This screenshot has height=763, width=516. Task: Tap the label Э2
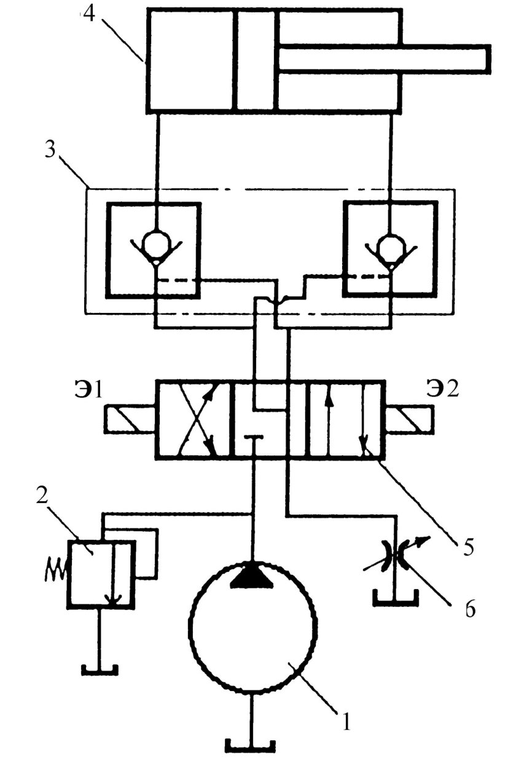(443, 389)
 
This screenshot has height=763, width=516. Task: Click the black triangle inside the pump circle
(252, 576)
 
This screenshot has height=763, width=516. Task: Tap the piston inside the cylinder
(255, 60)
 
